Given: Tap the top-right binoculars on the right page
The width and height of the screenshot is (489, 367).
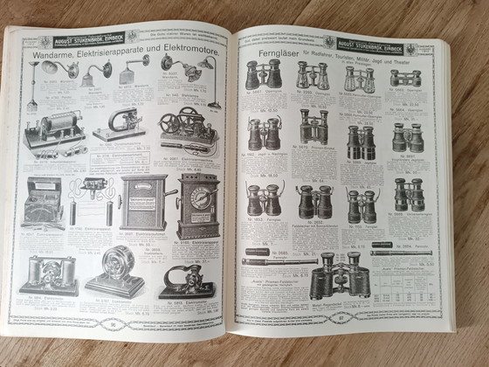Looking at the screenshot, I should tap(404, 79).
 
